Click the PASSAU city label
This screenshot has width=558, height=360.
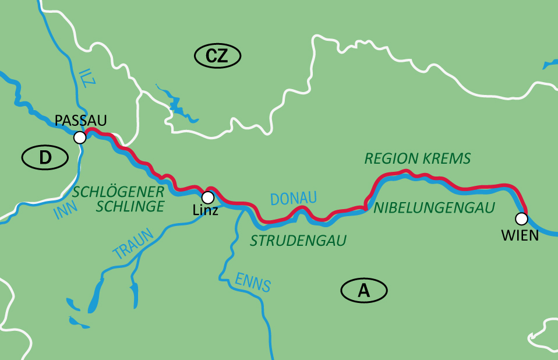[81, 121]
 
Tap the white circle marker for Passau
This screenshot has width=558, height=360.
[80, 137]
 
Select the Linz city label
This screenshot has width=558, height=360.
[205, 210]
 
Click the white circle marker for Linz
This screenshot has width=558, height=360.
[207, 197]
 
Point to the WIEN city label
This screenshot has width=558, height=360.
[520, 235]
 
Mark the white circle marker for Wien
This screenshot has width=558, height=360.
[521, 218]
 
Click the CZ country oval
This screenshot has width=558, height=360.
[217, 56]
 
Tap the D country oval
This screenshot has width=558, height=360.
[45, 157]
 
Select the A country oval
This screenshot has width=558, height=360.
[364, 290]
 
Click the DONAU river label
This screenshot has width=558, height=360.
[294, 199]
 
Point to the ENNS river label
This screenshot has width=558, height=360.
[253, 281]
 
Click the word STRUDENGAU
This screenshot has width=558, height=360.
[298, 240]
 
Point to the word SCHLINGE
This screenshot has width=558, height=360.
[130, 206]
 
